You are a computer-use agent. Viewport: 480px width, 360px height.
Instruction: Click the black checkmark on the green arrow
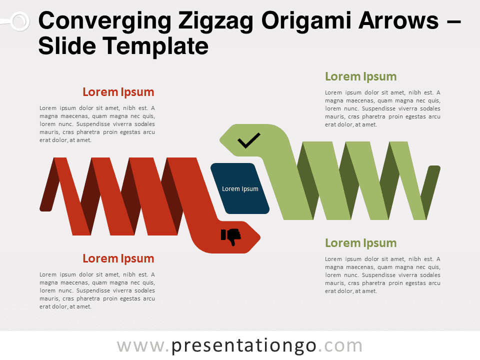249,140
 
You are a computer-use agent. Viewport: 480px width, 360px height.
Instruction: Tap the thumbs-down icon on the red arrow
231,236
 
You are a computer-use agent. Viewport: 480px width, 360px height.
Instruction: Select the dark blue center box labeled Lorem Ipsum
240,188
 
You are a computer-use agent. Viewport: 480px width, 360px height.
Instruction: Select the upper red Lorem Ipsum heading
118,92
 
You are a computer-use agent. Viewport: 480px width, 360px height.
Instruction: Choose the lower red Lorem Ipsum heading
118,258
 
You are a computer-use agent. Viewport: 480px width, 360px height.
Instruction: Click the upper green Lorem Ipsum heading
360,76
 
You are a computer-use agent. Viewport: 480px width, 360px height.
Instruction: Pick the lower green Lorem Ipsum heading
360,243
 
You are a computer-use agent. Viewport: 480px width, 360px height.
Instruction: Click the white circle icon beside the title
20,21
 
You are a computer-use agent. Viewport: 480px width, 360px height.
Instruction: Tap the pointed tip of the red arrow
260,237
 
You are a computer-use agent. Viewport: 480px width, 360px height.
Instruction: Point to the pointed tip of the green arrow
220,140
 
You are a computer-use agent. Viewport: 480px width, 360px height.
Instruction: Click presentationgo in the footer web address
243,346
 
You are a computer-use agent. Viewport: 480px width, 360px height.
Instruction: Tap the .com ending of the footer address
340,346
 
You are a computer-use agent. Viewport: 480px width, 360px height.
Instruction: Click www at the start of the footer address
140,346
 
